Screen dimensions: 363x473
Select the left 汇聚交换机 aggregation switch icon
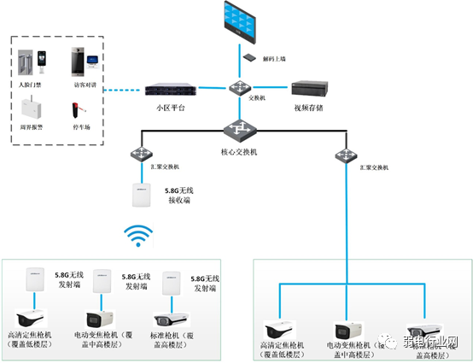pos(140,155)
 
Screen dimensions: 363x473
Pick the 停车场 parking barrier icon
pos(78,110)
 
